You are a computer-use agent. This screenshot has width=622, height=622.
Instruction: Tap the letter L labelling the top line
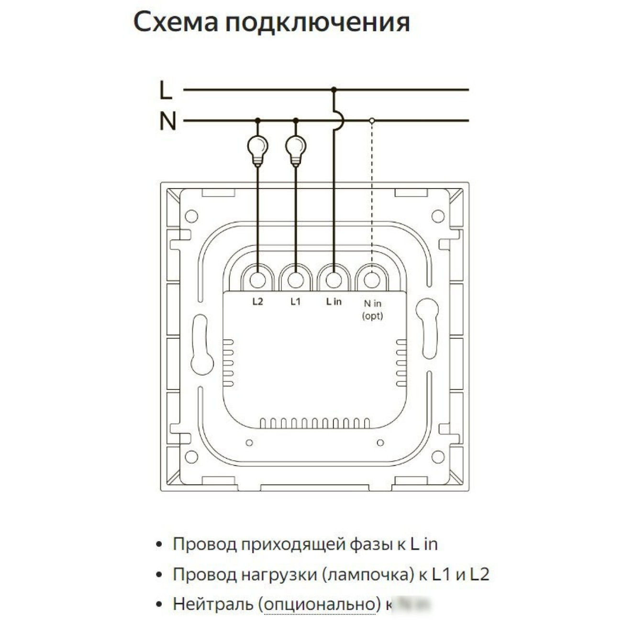pyautogui.click(x=166, y=90)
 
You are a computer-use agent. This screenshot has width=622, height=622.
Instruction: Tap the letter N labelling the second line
pyautogui.click(x=167, y=122)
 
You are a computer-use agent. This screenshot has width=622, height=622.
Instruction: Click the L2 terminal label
pyautogui.click(x=257, y=302)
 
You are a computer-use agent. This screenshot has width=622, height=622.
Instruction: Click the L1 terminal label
pyautogui.click(x=296, y=302)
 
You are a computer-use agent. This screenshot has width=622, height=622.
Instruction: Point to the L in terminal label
pyautogui.click(x=334, y=302)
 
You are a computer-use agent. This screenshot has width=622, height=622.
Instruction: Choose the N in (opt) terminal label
pyautogui.click(x=373, y=309)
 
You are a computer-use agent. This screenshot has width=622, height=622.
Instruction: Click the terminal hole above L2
pyautogui.click(x=258, y=279)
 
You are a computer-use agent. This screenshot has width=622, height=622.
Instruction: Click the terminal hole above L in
pyautogui.click(x=334, y=279)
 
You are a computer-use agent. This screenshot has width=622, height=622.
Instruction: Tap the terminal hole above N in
pyautogui.click(x=372, y=279)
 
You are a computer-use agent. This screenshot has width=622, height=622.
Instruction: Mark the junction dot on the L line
pyautogui.click(x=334, y=89)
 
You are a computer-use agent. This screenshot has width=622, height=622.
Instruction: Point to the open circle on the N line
pyautogui.click(x=372, y=121)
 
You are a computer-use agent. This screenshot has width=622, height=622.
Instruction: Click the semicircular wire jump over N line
pyautogui.click(x=339, y=121)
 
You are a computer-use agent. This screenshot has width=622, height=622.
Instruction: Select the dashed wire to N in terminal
pyautogui.click(x=372, y=191)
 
